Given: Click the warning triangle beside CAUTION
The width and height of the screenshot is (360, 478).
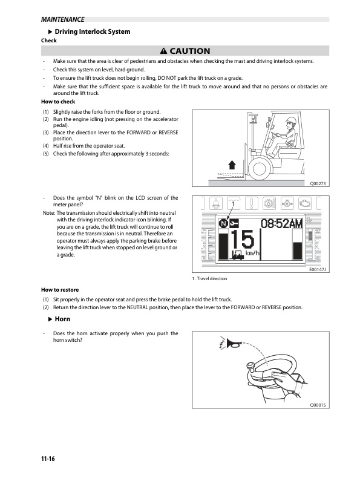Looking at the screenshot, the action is coord(163,51).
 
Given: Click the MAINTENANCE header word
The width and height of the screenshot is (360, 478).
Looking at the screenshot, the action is coord(62,19).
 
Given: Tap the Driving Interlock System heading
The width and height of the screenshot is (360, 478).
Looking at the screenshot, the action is coord(93,31).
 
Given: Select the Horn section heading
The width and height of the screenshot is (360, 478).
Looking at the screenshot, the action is coord(62,319).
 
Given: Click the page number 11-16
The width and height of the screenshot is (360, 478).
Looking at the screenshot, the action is coord(48,459).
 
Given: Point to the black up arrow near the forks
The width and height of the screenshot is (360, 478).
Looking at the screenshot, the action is coord(232,165).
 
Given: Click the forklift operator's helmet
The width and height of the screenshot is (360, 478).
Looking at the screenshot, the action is coord(291,120).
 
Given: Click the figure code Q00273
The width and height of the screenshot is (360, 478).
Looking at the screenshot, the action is coord(318,183).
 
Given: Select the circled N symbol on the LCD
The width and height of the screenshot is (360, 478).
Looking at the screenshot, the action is coord(223,224).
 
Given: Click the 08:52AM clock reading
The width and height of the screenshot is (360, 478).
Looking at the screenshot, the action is coord(281,223).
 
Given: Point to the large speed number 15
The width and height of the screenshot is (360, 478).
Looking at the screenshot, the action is coord(242,240).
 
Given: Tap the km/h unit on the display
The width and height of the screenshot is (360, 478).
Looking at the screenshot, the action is coord(252,253).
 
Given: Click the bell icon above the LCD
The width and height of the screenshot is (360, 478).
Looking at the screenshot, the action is coord(216,203).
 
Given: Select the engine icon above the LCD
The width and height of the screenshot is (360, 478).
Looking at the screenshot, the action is coord(304,203).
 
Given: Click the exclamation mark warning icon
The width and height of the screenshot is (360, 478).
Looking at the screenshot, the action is coord(252,203).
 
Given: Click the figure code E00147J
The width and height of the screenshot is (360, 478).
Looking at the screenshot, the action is coord(318,270).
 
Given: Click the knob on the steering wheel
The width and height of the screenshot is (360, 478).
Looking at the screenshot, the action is coord(251,367).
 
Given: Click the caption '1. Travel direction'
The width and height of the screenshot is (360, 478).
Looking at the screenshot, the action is coord(209,278).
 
